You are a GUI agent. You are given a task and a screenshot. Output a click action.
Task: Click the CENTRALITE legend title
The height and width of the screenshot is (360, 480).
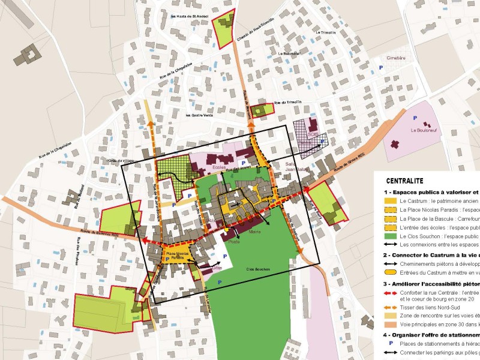405,180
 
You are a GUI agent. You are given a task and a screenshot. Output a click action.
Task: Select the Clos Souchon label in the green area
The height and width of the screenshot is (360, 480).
259,269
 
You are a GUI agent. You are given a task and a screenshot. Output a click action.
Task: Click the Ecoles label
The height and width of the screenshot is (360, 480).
218,167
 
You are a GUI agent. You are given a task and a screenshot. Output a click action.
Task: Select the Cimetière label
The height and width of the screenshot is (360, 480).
396,58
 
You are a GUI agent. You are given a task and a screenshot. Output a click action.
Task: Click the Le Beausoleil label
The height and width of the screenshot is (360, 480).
290,53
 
